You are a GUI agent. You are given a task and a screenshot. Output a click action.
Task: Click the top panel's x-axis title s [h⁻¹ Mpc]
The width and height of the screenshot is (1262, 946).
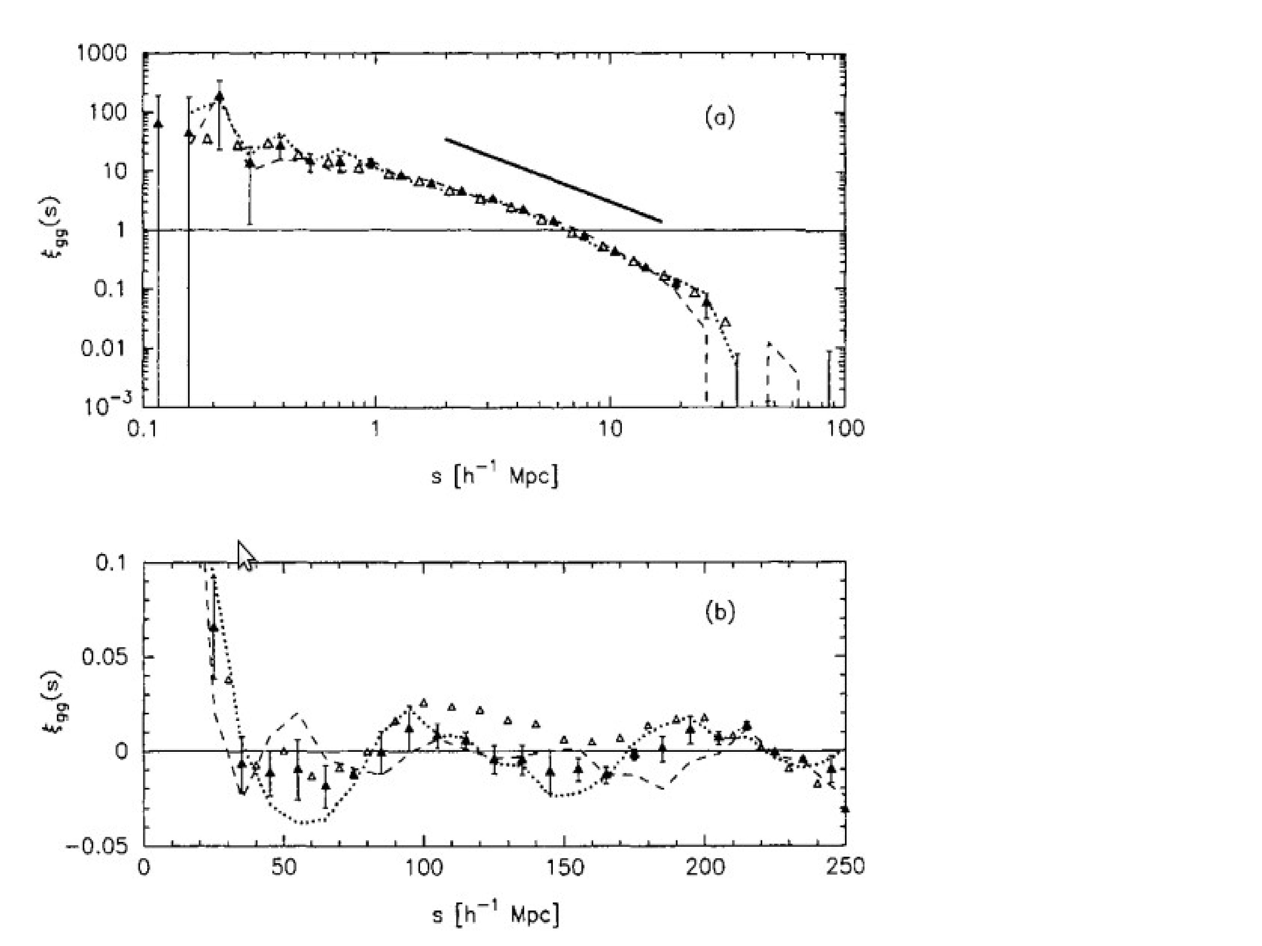coord(495,475)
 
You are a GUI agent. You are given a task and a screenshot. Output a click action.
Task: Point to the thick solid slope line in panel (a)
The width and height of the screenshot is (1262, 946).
coord(554,180)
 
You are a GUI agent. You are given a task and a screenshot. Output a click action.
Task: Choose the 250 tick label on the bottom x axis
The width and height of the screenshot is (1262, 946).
coord(845,868)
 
